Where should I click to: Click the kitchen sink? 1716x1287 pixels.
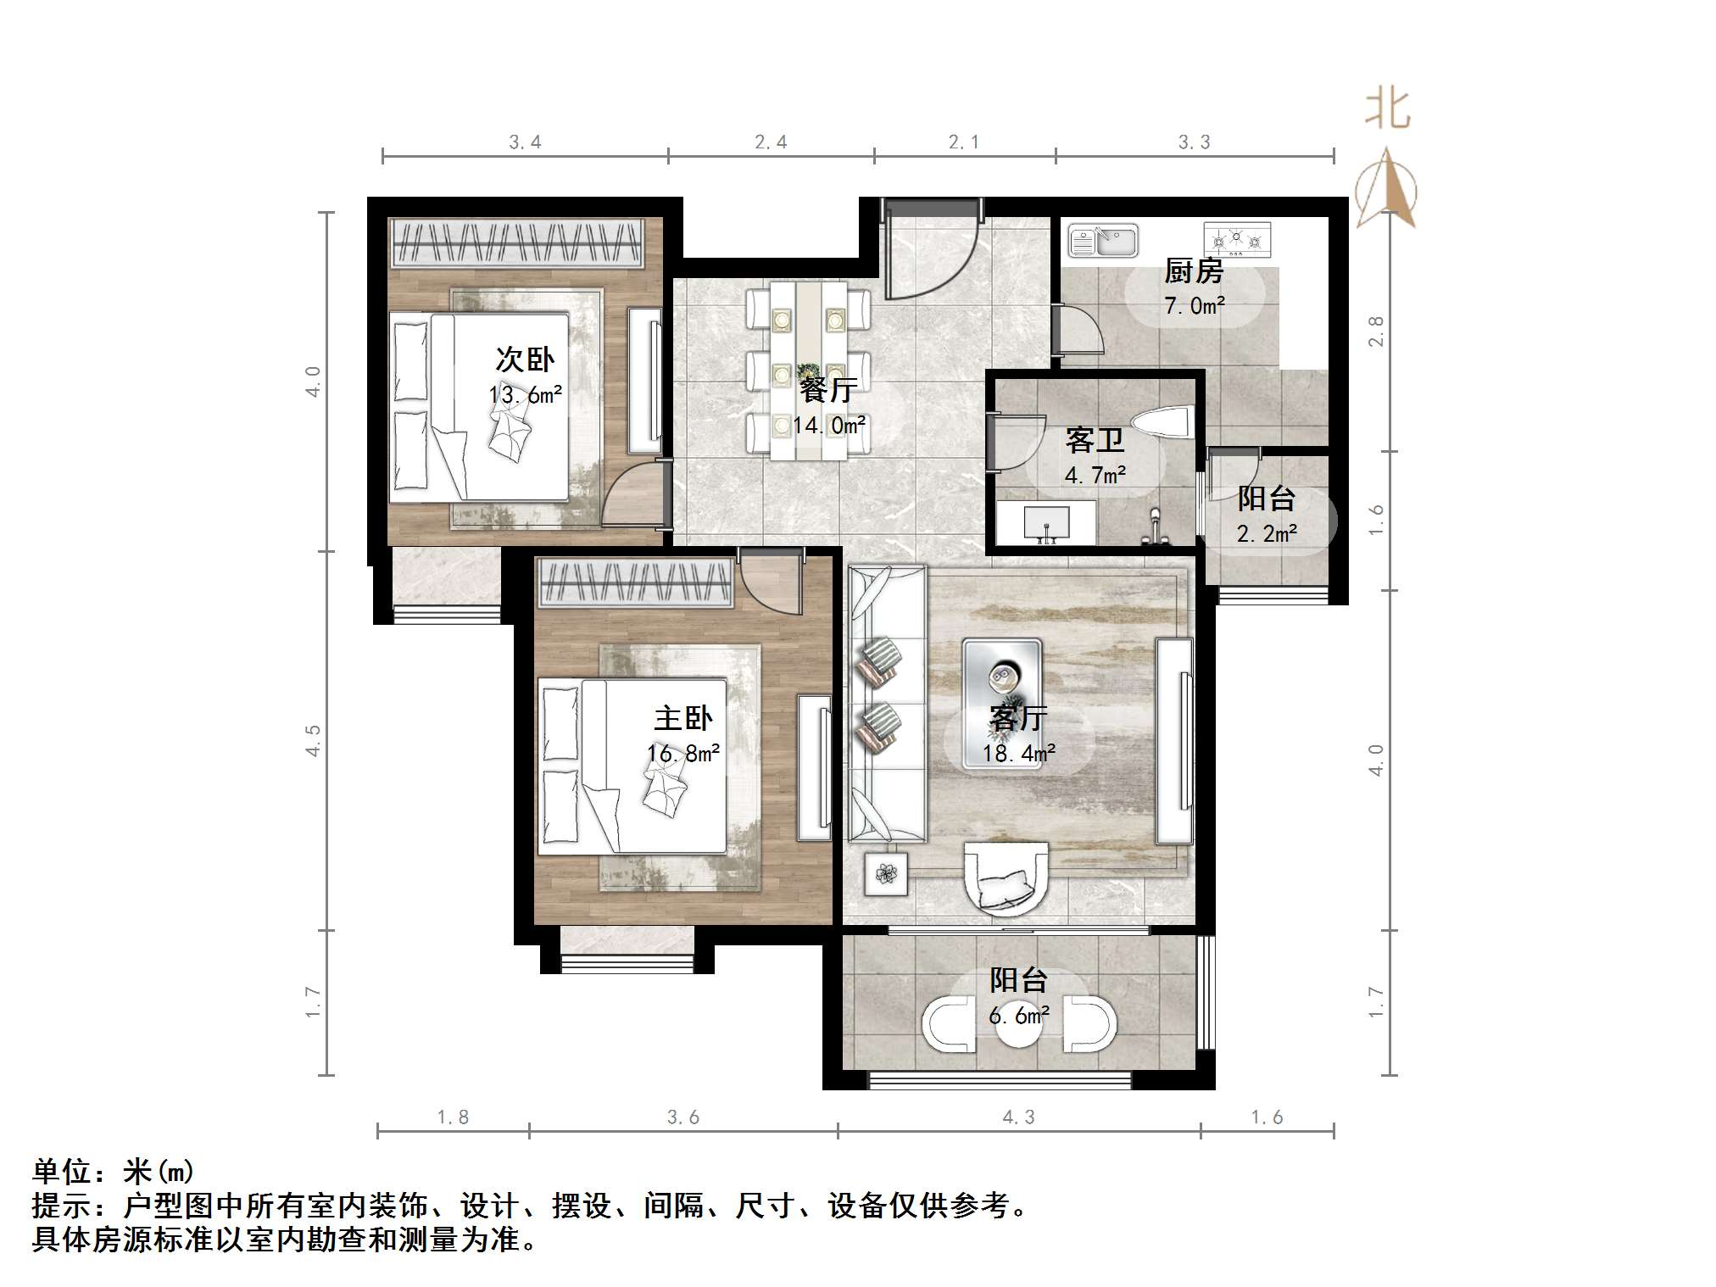pos(1102,241)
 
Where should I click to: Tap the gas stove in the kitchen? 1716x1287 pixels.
pos(1237,240)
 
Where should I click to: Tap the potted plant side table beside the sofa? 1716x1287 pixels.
pos(886,873)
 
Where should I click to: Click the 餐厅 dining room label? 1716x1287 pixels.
pos(828,390)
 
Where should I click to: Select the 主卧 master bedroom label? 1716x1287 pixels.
pos(683,718)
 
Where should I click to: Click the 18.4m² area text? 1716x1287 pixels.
pos(1019,753)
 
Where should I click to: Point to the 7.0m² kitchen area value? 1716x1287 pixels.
pos(1194,305)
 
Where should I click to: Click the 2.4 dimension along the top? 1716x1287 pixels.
pos(771,142)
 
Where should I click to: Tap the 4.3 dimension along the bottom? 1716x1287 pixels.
pos(1018,1117)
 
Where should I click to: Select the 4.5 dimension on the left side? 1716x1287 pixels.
pos(314,739)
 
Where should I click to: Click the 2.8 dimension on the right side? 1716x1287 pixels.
pos(1376,331)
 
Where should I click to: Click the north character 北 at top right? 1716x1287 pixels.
pos(1387,110)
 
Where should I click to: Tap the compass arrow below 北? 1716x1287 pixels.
pos(1386,191)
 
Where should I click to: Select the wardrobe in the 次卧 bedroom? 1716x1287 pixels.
pos(517,242)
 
